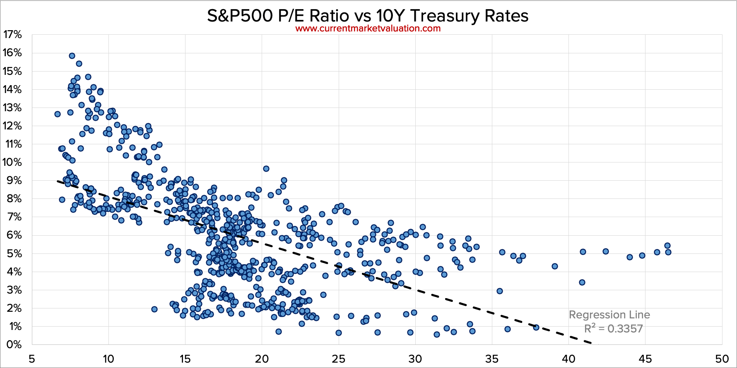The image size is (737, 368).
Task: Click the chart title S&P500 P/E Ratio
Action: click(368, 16)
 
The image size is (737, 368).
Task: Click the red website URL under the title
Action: click(368, 29)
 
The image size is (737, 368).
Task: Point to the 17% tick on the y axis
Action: click(12, 35)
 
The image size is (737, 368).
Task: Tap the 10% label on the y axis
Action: click(12, 162)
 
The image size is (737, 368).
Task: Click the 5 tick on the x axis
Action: click(32, 358)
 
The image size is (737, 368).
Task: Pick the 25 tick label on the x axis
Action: click(338, 358)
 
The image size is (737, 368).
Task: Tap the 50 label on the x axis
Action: click(722, 358)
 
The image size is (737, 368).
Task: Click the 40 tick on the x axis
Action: click(568, 358)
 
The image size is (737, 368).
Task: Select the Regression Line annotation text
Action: click(609, 315)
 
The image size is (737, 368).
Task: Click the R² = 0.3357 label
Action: click(613, 329)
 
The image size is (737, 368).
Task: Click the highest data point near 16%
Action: click(72, 56)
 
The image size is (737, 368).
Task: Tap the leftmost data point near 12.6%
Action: click(58, 114)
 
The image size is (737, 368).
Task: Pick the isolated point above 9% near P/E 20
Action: click(266, 169)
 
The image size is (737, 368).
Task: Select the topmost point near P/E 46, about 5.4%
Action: click(667, 246)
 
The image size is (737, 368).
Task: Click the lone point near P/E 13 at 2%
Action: click(154, 309)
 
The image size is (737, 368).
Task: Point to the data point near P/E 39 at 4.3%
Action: click(555, 266)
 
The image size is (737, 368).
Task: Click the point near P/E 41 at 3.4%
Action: click(582, 282)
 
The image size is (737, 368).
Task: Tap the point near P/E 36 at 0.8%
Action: click(508, 329)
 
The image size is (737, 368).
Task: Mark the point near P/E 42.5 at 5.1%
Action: click(606, 251)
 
